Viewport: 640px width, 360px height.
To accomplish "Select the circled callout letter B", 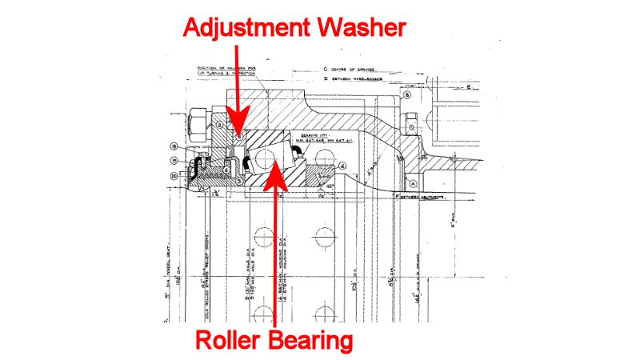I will point(406,94).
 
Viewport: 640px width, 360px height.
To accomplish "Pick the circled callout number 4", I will point(342,166).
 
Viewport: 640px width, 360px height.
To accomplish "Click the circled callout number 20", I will point(175,176).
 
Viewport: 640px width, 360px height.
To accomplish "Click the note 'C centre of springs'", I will point(352,70).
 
